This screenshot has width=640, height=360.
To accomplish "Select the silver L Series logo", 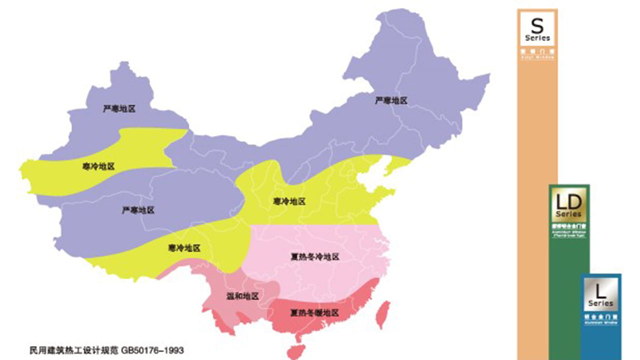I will click(x=600, y=294).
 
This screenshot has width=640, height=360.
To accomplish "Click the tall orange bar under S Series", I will click(x=537, y=200).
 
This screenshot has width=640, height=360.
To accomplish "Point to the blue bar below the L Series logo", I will click(x=600, y=342).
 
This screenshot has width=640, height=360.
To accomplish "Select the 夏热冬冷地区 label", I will click(x=315, y=257).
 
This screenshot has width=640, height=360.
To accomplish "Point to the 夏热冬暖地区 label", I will click(x=315, y=313).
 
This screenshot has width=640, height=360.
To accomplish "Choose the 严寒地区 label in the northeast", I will click(x=391, y=100).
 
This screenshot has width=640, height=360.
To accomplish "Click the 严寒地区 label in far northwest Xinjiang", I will click(x=119, y=108).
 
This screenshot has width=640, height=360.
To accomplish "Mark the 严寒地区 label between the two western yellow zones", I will click(x=138, y=210).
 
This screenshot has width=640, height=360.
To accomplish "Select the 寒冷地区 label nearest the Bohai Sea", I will click(x=289, y=201).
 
